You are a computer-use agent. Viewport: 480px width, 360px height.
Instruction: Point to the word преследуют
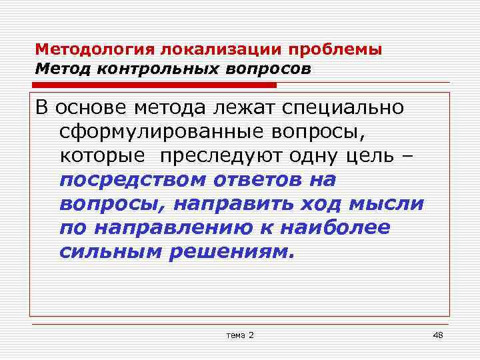(x=221, y=156)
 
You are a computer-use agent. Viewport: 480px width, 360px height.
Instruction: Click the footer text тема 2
(x=240, y=333)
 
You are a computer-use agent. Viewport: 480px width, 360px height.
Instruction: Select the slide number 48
(x=438, y=333)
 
